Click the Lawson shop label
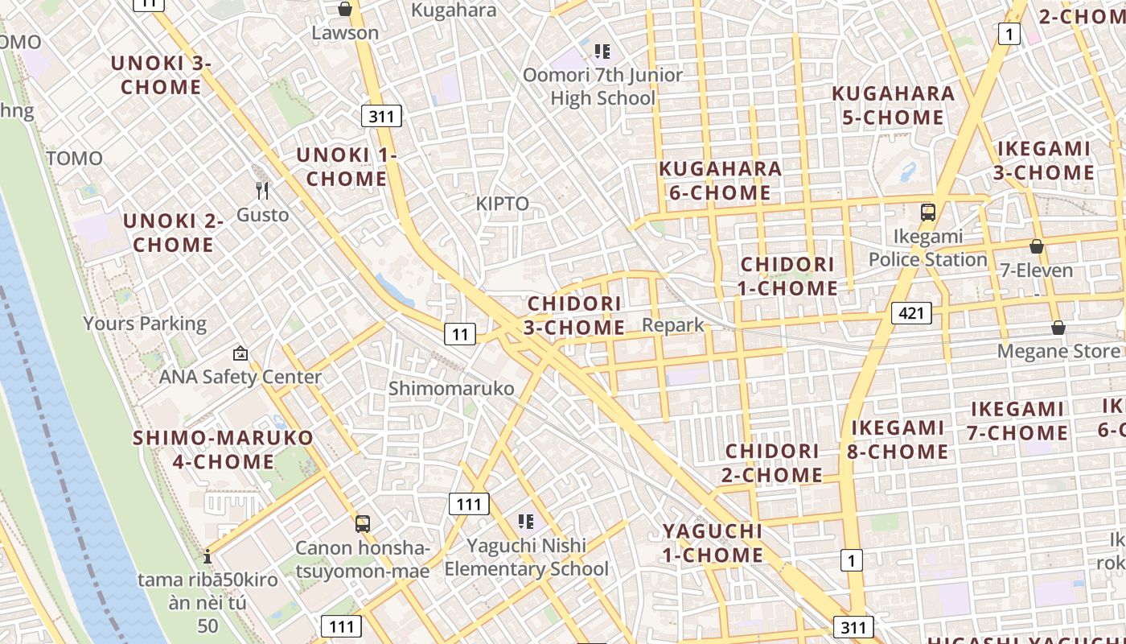[x=345, y=33]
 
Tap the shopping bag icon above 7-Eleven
[x=1036, y=246]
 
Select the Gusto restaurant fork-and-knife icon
[x=262, y=191]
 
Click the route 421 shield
[x=911, y=312]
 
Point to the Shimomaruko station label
[x=451, y=389]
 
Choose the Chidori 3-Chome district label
[x=574, y=316]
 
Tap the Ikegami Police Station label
[x=927, y=248]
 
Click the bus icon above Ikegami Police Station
[x=928, y=213]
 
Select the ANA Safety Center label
[x=240, y=377]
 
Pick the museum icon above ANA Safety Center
[x=240, y=353]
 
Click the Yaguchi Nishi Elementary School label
[x=527, y=557]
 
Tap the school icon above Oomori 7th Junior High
[x=602, y=52]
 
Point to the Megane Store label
[x=1058, y=352]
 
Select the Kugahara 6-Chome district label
[x=720, y=180]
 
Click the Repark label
[x=673, y=325]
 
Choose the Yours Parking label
[x=145, y=324]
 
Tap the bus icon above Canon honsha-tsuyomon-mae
[x=363, y=524]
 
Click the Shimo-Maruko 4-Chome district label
[x=224, y=450]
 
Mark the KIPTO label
[x=503, y=204]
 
